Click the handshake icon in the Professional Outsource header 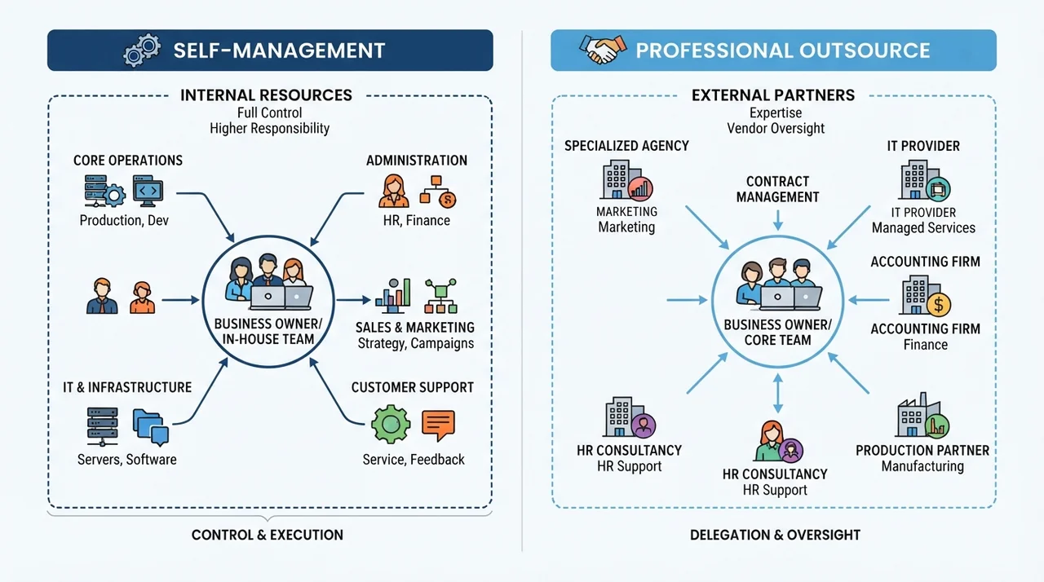pos(603,49)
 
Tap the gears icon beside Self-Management pos(142,50)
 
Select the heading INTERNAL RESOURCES pos(266,95)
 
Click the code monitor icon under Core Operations pos(148,191)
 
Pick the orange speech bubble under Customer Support pos(438,425)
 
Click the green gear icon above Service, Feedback pos(391,424)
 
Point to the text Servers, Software pos(126,460)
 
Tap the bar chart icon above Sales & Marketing pos(393,296)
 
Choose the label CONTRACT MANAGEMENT pos(777,189)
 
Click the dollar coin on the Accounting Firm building pos(939,305)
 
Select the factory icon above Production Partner pos(922,416)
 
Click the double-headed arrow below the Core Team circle pos(777,394)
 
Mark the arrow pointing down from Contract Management pos(777,220)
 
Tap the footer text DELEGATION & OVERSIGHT pos(775,535)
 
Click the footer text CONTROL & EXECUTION pos(267,535)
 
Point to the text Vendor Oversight pos(776,128)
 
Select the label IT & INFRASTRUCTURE pos(127,387)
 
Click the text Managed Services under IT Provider pos(923,227)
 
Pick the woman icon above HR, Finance pos(394,191)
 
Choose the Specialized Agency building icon pos(626,181)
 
